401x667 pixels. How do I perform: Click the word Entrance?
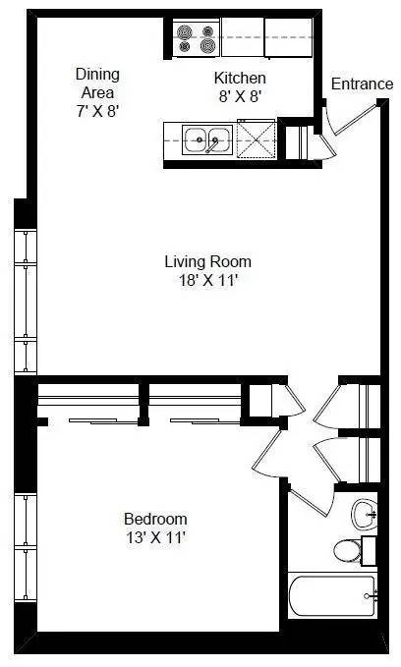pyautogui.click(x=361, y=84)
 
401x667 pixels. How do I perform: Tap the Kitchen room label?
pyautogui.click(x=241, y=78)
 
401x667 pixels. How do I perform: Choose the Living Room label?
pyautogui.click(x=207, y=261)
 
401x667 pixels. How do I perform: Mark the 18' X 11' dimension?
pyautogui.click(x=207, y=280)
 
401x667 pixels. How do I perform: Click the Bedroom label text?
pyautogui.click(x=155, y=519)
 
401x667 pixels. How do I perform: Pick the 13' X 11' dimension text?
pyautogui.click(x=155, y=537)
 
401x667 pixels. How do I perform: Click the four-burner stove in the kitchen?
pyautogui.click(x=196, y=39)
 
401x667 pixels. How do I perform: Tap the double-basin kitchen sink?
pyautogui.click(x=206, y=140)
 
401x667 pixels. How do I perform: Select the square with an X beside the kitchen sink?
pyautogui.click(x=258, y=139)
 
